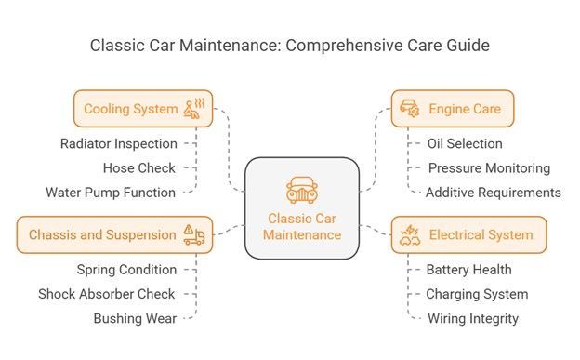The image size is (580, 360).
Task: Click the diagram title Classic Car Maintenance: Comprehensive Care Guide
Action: pyautogui.click(x=290, y=46)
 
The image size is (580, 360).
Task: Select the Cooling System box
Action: pyautogui.click(x=143, y=109)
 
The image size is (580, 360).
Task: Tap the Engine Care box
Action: pyautogui.click(x=453, y=109)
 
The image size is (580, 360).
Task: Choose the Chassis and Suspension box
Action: pyautogui.click(x=114, y=234)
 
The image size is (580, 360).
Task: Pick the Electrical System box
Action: pyautogui.click(x=468, y=234)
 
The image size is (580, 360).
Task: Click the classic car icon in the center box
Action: pyautogui.click(x=302, y=190)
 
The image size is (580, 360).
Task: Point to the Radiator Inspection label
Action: pyautogui.click(x=119, y=143)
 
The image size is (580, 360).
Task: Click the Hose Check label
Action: pyautogui.click(x=139, y=168)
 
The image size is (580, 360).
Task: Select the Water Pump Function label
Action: pyautogui.click(x=111, y=193)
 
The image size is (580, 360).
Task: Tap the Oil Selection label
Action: pyautogui.click(x=465, y=143)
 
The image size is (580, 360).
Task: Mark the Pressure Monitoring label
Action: pyautogui.click(x=489, y=168)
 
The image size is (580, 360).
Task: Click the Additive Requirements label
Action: pyautogui.click(x=494, y=193)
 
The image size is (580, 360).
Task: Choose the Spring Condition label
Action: pyautogui.click(x=126, y=270)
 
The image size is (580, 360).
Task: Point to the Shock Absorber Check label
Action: pyautogui.click(x=107, y=294)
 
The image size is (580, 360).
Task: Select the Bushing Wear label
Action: pyautogui.click(x=135, y=318)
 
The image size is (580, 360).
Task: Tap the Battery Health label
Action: pyautogui.click(x=469, y=270)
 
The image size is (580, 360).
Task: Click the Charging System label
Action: pyautogui.click(x=477, y=294)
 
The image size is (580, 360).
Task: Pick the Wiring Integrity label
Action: pyautogui.click(x=473, y=318)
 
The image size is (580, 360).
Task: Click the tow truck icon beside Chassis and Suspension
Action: pyautogui.click(x=194, y=234)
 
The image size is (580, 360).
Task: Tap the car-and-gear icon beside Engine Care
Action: pyautogui.click(x=410, y=108)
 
